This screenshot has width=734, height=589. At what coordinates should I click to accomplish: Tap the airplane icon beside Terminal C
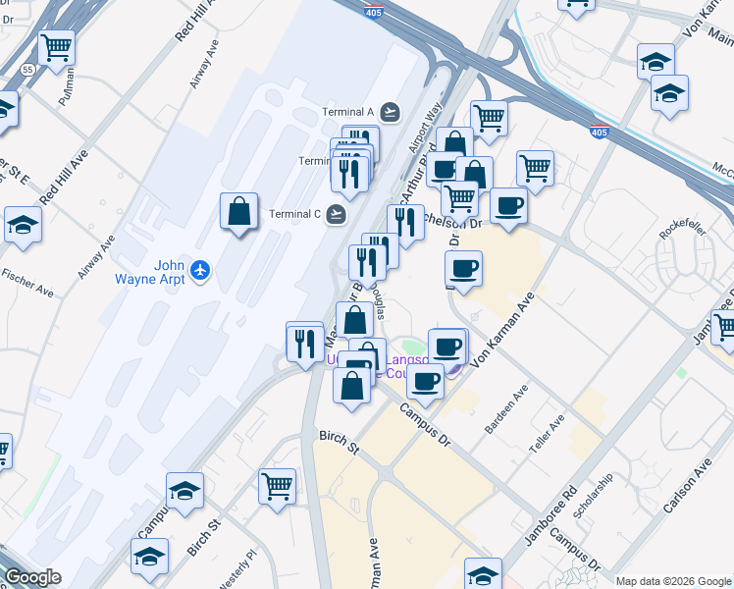[338, 213]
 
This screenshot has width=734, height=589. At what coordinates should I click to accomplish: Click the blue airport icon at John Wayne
[200, 269]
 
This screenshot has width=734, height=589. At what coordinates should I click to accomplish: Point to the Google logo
[31, 577]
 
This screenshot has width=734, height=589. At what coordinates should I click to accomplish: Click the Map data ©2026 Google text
[673, 581]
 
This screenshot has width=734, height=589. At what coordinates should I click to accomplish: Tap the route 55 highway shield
[28, 70]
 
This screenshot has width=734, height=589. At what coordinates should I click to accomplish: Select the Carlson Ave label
[687, 488]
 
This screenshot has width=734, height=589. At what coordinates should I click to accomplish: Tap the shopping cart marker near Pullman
[57, 46]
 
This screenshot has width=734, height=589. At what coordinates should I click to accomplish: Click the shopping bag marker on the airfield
[238, 211]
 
